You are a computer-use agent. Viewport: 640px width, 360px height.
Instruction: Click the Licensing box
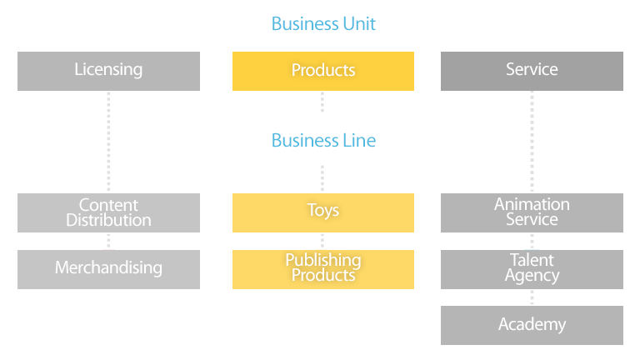108,71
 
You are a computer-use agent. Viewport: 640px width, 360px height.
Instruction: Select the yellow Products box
323,71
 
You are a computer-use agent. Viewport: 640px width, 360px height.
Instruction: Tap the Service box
532,71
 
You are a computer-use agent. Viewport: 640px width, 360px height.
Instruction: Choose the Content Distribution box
108,212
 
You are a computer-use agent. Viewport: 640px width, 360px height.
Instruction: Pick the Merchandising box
108,269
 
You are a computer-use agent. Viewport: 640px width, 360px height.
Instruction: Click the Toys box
323,212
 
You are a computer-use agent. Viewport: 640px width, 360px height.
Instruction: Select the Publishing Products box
323,269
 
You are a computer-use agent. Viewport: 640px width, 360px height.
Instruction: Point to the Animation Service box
532,212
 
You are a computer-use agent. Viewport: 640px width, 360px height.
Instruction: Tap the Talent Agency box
532,269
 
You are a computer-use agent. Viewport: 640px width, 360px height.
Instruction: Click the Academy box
532,325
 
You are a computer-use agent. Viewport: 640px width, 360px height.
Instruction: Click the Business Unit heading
323,23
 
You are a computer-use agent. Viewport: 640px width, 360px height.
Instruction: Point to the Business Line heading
323,140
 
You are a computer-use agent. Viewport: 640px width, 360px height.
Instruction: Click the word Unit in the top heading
359,23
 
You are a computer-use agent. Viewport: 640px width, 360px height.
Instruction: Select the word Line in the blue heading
359,140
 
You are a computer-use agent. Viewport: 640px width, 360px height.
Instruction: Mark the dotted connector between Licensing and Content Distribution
108,142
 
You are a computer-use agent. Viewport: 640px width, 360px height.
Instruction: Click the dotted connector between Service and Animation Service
532,142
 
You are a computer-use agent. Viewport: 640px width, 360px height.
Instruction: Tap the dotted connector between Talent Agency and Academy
532,297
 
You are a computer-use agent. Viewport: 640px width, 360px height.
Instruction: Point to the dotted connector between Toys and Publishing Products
322,241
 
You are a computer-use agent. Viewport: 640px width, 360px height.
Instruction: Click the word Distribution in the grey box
108,220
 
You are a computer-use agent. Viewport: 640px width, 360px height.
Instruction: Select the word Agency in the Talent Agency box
532,276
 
